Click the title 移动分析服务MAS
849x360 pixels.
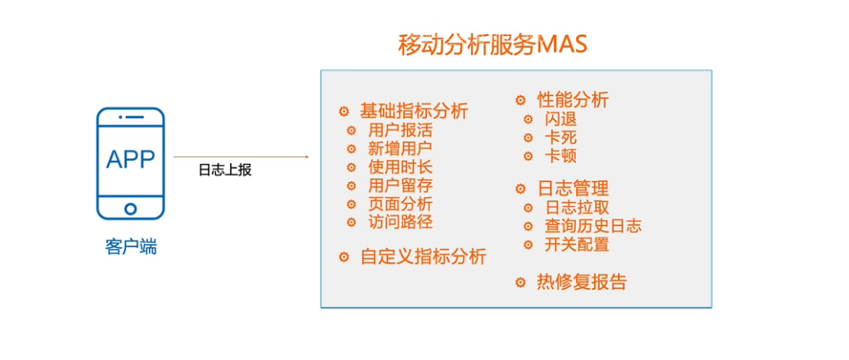pyautogui.click(x=492, y=44)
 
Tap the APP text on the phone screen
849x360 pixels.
pyautogui.click(x=131, y=159)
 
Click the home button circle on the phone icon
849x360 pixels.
pyautogui.click(x=131, y=209)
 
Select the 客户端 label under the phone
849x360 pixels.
pyautogui.click(x=131, y=246)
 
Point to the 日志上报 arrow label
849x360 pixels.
pyautogui.click(x=224, y=170)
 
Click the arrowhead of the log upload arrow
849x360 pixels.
pyautogui.click(x=305, y=156)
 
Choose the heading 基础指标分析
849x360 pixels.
pyautogui.click(x=414, y=111)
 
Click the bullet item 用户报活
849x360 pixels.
pyautogui.click(x=400, y=130)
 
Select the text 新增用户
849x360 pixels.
pyautogui.click(x=400, y=149)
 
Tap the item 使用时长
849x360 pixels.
pyautogui.click(x=400, y=167)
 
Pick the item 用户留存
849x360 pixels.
pyautogui.click(x=400, y=185)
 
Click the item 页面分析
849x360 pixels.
pyautogui.click(x=400, y=204)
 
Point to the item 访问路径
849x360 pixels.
pyautogui.click(x=400, y=222)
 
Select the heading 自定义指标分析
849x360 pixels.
pyautogui.click(x=423, y=257)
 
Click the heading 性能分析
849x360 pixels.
pyautogui.click(x=573, y=100)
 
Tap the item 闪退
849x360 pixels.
pyautogui.click(x=560, y=119)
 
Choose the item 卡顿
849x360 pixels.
pyautogui.click(x=560, y=156)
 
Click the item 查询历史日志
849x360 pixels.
pyautogui.click(x=592, y=226)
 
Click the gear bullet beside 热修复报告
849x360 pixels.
pyautogui.click(x=520, y=282)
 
